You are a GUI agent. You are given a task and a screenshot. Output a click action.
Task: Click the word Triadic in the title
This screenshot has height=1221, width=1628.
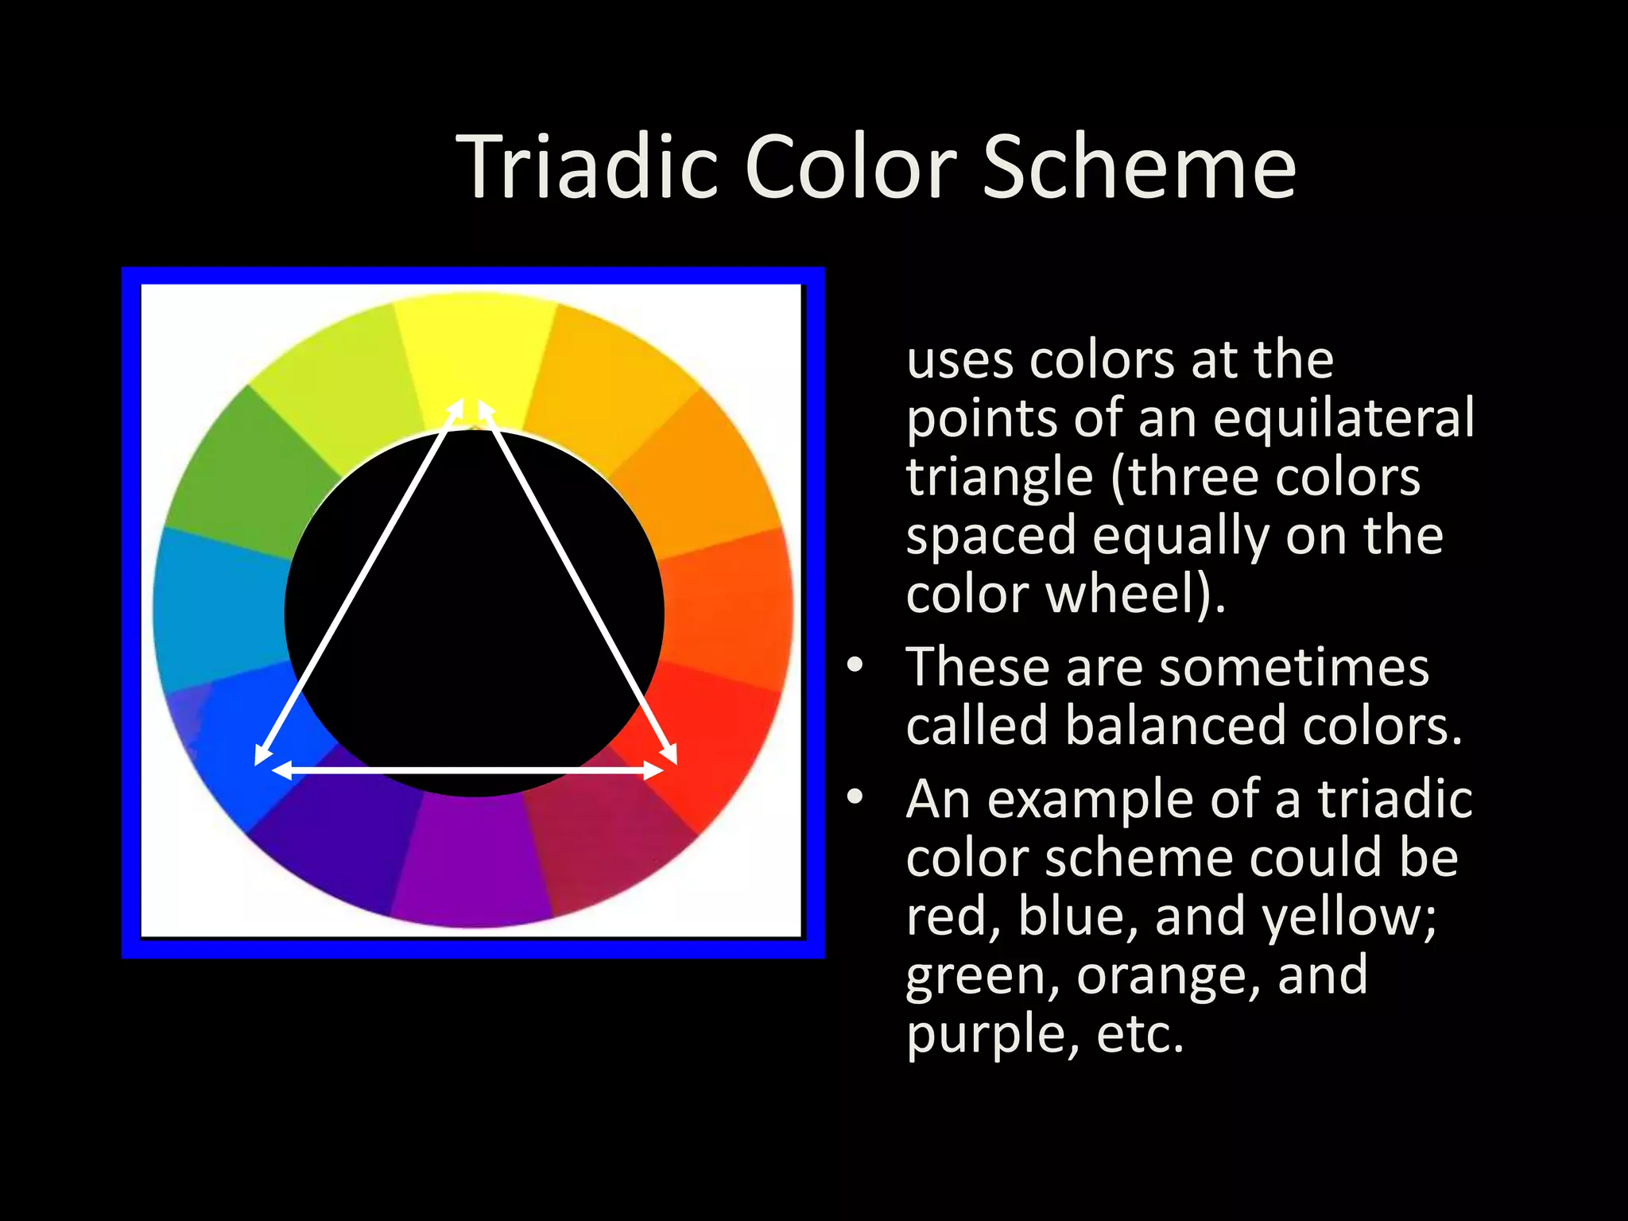[587, 167]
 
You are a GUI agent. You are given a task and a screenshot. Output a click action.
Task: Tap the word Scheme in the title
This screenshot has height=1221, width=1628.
[1139, 167]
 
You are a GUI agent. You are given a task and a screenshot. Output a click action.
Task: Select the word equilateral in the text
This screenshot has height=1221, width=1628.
[1343, 418]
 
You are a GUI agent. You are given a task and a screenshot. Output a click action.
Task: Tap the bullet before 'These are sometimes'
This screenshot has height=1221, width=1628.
[855, 665]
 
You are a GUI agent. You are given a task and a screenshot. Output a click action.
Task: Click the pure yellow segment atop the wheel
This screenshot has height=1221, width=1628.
[475, 350]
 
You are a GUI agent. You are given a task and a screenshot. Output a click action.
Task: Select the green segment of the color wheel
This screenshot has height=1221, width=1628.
[238, 477]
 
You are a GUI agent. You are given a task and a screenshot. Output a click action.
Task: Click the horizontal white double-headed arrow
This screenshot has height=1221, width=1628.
[469, 770]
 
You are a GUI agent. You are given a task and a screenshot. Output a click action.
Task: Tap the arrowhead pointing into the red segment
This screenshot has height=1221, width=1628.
[669, 754]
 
